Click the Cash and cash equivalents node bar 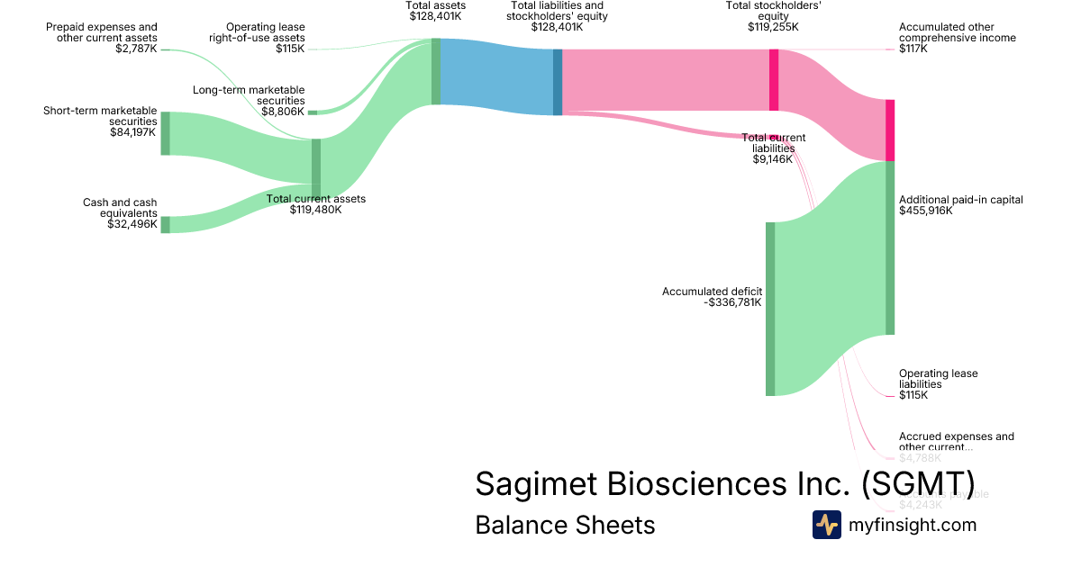[165, 224]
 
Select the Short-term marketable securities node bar [165, 133]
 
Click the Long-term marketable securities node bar [313, 112]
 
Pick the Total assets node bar [436, 72]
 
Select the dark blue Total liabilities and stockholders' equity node [558, 82]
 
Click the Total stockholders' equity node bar [774, 80]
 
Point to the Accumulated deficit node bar [770, 309]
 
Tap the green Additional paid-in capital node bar [890, 247]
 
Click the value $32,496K [132, 224]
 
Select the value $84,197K [132, 131]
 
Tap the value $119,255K [773, 27]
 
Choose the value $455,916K [926, 211]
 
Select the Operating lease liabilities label [938, 379]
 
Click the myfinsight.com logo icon [826, 525]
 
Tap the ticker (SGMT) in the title [917, 483]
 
